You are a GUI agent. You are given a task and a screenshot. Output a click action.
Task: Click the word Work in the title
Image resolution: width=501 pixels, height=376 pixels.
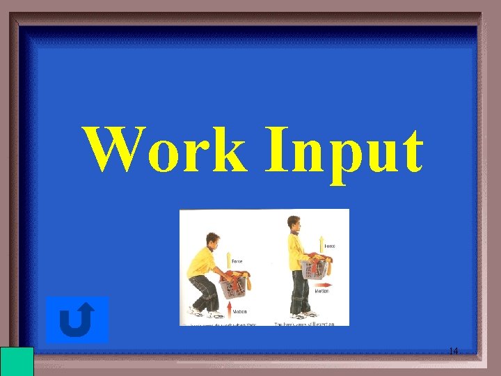click(x=166, y=150)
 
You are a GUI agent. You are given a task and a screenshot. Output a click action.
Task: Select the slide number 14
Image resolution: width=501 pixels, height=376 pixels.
click(x=453, y=351)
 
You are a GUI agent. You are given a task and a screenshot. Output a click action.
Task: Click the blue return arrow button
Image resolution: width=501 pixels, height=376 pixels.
click(x=78, y=320)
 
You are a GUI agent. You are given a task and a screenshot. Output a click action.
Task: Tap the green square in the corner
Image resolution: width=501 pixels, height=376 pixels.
click(x=17, y=361)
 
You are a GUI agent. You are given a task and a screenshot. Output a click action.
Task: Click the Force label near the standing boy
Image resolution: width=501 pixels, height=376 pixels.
click(x=329, y=246)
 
